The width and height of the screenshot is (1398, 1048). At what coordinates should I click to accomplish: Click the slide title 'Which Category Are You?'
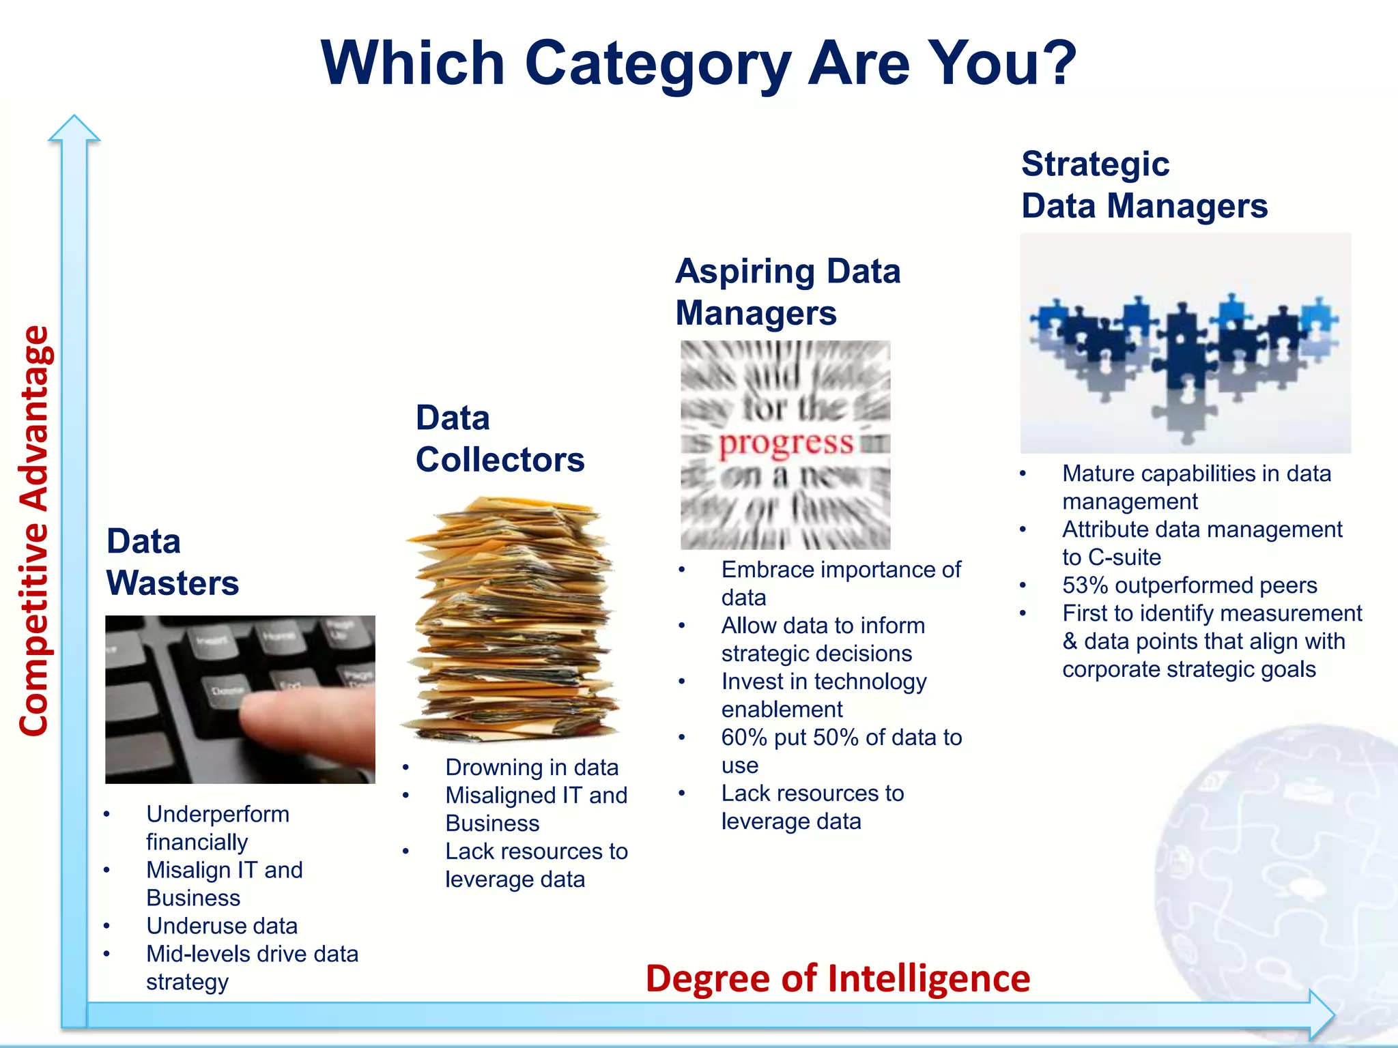(698, 63)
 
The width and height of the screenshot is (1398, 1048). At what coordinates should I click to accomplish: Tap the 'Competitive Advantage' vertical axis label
(34, 531)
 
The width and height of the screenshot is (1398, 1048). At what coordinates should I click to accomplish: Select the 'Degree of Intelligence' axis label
(838, 978)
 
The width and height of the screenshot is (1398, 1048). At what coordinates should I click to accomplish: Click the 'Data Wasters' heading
(173, 562)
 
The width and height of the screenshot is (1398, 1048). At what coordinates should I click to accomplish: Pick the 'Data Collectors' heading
(500, 439)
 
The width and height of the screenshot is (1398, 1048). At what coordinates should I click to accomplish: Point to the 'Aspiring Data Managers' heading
(788, 292)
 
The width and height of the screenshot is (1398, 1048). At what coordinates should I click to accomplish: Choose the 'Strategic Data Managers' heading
(1144, 185)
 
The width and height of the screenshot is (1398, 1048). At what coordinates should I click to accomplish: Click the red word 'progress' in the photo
(786, 443)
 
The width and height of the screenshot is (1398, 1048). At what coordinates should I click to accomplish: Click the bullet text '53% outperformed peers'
(1189, 585)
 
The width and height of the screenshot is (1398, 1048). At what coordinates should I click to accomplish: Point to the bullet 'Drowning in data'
(532, 768)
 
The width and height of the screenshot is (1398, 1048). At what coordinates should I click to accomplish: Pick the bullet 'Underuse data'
(222, 926)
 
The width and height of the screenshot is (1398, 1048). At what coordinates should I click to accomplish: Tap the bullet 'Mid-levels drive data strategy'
(252, 967)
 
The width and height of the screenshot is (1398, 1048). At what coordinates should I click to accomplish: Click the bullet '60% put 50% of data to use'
(841, 751)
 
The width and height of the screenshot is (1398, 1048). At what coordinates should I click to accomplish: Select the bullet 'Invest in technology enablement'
(823, 695)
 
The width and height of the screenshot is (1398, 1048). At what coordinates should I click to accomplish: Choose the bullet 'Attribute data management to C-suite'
(1201, 543)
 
